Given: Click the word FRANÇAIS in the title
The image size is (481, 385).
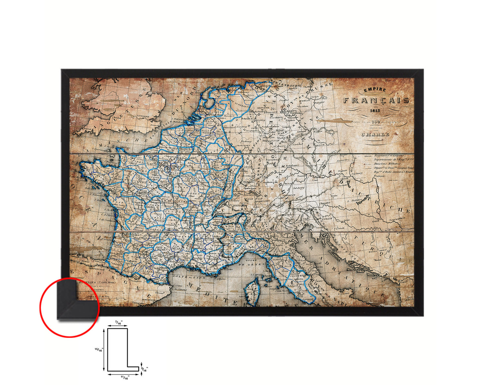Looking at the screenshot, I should pos(376,100).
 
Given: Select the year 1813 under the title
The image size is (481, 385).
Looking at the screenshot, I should pos(374,111).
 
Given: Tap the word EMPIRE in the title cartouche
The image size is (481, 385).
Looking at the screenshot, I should pos(375,90).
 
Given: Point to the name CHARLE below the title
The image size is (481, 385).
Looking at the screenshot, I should pos(375,135).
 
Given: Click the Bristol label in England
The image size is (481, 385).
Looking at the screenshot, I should pos(117,118).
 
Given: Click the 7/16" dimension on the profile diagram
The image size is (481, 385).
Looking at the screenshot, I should pos(118,322).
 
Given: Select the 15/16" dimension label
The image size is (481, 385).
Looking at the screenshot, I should pos(99,350).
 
